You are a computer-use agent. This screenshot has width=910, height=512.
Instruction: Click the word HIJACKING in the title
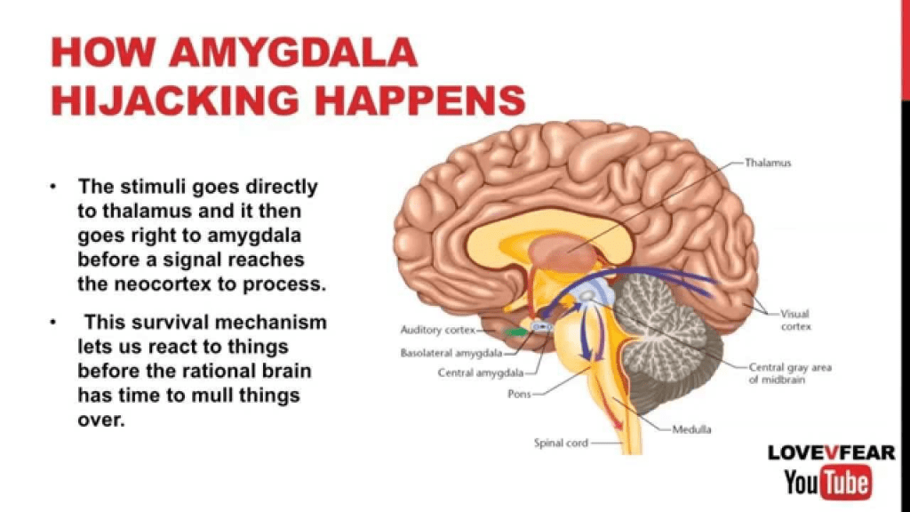[174, 100]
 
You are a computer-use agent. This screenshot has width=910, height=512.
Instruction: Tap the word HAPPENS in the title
[414, 100]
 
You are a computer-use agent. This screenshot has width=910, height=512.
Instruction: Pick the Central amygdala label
[481, 373]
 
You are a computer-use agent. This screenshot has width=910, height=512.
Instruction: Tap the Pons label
[519, 393]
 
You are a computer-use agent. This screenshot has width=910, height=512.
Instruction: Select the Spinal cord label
[560, 443]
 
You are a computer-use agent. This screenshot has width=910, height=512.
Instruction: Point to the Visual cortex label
[796, 320]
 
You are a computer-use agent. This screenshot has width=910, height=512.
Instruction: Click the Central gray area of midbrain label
[790, 372]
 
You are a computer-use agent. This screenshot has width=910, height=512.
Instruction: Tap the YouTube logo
[827, 484]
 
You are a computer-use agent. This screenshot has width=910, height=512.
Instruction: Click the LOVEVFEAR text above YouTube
[832, 453]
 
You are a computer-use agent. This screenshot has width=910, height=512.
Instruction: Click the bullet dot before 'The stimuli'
[54, 188]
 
